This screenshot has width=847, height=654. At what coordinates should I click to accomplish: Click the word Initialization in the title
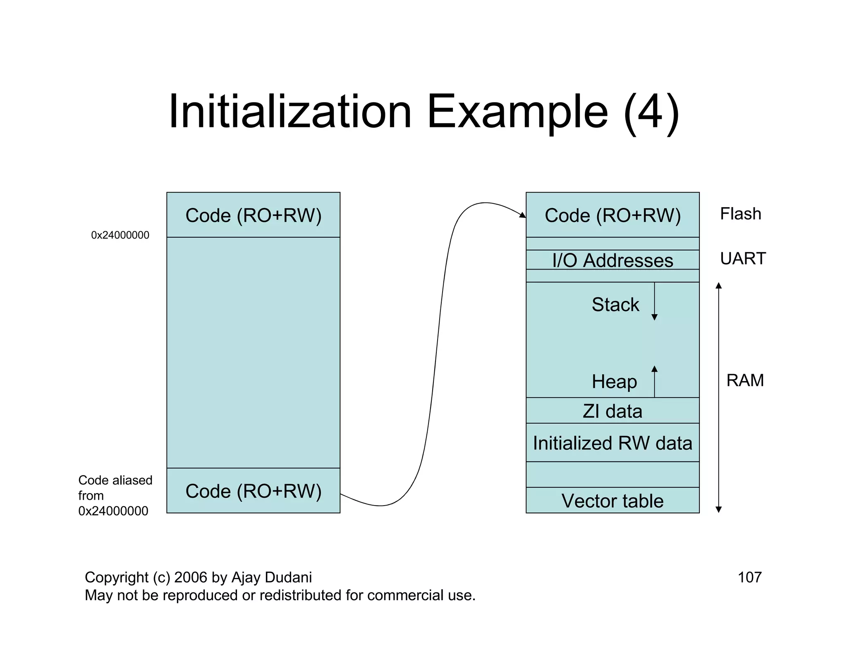point(290,112)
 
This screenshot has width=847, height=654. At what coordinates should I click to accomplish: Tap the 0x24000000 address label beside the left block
point(120,235)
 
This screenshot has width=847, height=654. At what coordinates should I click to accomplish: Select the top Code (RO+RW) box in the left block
point(253,215)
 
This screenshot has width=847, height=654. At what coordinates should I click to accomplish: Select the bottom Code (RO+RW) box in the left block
point(253,491)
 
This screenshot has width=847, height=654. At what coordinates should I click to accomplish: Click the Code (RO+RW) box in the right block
point(612,215)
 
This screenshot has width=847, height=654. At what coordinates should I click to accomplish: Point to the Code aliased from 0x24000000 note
point(115,495)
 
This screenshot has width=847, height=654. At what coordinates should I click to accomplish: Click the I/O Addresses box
point(612,260)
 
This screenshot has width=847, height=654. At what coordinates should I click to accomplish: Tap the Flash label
point(740,214)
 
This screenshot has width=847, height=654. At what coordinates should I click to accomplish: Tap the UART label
point(743,258)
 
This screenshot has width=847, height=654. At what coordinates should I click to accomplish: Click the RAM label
point(745,380)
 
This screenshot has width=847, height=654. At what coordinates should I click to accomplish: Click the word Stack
point(615,305)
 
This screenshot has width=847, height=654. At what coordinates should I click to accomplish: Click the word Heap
point(614,381)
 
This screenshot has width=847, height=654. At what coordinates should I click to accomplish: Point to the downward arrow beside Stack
point(654,302)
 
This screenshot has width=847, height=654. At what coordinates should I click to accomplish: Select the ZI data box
point(612,411)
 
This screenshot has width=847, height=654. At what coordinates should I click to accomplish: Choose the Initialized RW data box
point(612,443)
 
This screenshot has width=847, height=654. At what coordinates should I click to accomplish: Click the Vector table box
point(612,501)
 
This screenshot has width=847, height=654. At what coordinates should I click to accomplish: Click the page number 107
point(749,577)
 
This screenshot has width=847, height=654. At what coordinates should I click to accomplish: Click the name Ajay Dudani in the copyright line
point(271,577)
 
